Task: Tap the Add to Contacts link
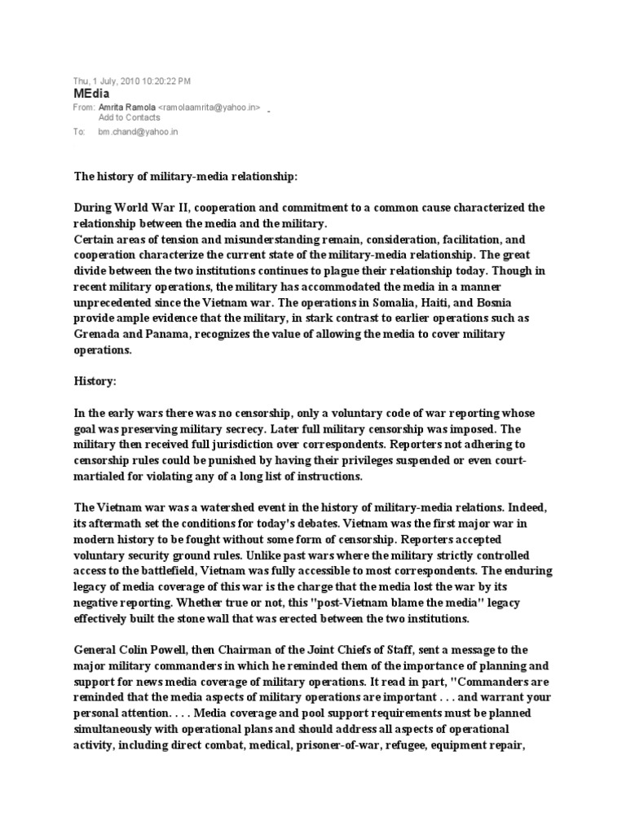click(x=130, y=117)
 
